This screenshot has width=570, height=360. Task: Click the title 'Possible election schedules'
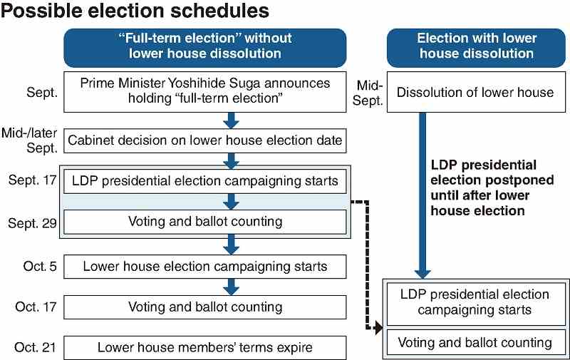tap(135, 11)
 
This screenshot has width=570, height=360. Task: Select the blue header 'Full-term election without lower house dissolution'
tap(205, 48)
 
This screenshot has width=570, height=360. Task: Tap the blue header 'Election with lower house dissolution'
tap(476, 48)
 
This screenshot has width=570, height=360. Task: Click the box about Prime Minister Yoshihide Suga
tap(205, 92)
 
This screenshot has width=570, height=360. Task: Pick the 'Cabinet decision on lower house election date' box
tap(205, 140)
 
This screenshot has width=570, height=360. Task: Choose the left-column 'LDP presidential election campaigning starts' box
tap(205, 181)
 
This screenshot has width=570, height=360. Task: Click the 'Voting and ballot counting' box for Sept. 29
tap(205, 222)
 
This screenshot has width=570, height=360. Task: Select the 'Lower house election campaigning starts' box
tap(205, 267)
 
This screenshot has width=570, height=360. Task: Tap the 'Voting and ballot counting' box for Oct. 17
tap(205, 307)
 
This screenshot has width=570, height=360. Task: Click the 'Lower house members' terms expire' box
tap(205, 348)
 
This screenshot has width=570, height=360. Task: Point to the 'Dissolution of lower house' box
tap(476, 92)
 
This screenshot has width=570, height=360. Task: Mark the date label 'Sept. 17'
tap(32, 180)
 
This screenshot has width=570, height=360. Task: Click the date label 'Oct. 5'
tap(40, 266)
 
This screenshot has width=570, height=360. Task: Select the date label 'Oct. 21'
tap(35, 347)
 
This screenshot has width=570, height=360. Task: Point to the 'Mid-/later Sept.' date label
tap(29, 140)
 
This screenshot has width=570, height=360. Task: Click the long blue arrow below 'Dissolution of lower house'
tap(423, 195)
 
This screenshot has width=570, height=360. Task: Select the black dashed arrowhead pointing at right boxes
tap(379, 328)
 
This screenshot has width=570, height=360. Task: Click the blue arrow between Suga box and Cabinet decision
tap(231, 120)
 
